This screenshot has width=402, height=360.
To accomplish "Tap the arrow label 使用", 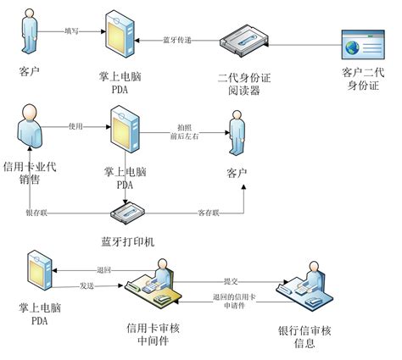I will (75, 126).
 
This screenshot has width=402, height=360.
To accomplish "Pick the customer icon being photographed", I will (238, 132).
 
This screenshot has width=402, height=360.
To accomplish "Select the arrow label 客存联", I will (209, 212).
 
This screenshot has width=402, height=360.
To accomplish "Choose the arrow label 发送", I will (86, 285).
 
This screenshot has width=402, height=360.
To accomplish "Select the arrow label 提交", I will (230, 280).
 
